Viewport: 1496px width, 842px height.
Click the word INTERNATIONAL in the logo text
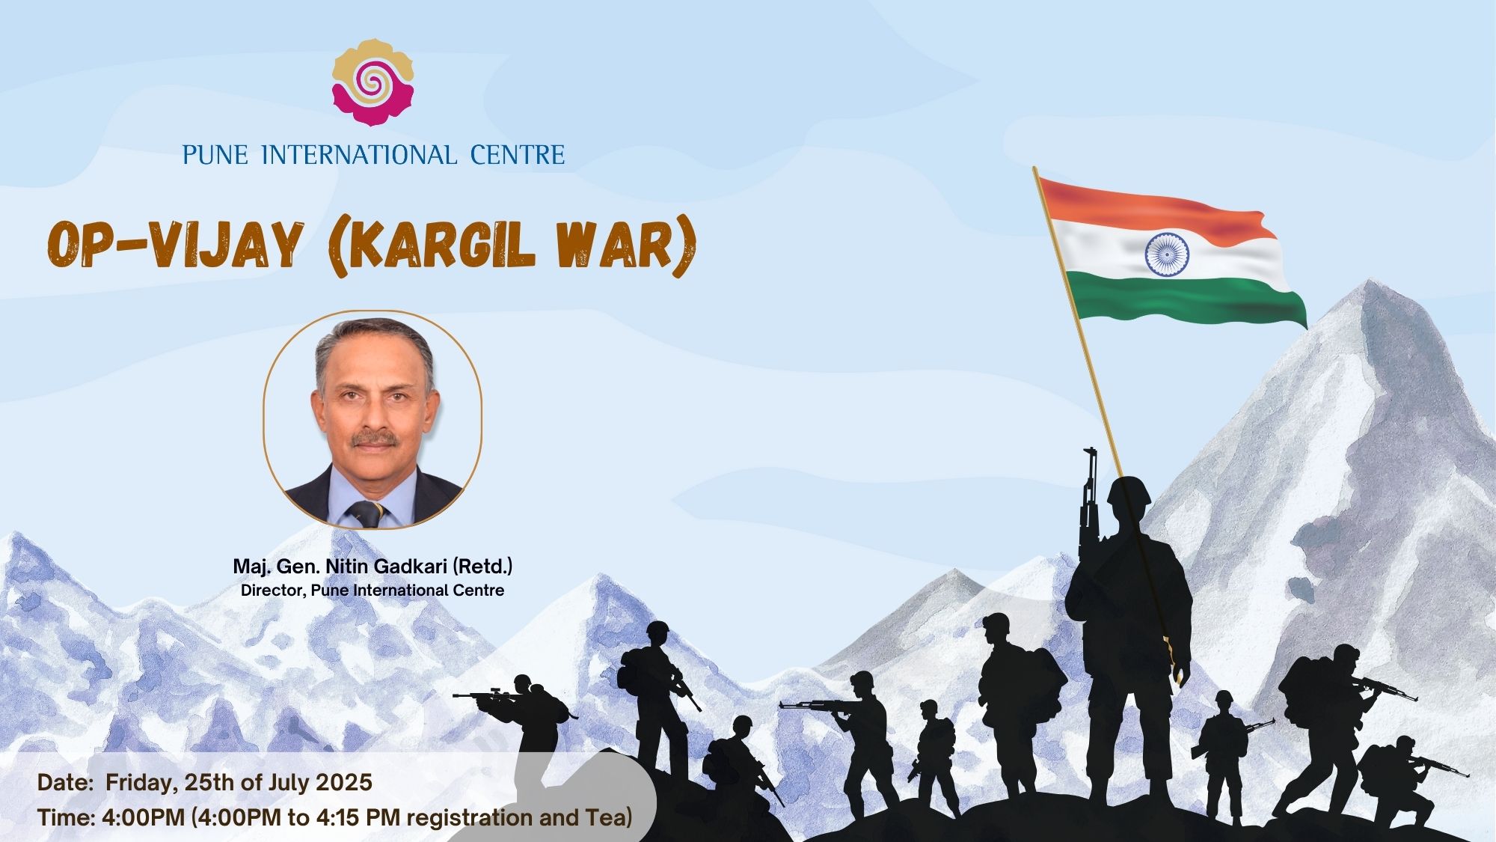pos(359,155)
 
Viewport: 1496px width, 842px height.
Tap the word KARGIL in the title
pos(441,244)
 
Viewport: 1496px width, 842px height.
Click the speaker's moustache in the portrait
pos(375,439)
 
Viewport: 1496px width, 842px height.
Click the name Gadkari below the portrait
pos(404,567)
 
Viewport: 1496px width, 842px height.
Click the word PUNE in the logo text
pos(215,155)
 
